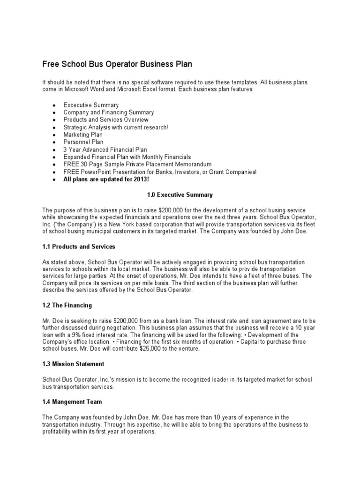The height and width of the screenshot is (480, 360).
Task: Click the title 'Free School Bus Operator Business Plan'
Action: coord(117,63)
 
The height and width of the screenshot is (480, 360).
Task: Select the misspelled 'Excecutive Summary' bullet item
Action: coord(91,105)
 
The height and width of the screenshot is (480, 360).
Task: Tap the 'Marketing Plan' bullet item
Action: coord(83,135)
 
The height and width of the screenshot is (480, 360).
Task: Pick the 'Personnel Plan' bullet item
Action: coord(83,142)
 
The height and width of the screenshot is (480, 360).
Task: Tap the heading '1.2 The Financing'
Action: coord(67,305)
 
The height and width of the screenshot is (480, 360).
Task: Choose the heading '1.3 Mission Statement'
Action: coord(73,364)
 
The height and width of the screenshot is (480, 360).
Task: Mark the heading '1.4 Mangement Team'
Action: coord(72,401)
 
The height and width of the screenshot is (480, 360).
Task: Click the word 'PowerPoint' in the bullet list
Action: coord(94,172)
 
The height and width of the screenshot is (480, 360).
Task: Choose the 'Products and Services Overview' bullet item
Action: coord(106,120)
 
